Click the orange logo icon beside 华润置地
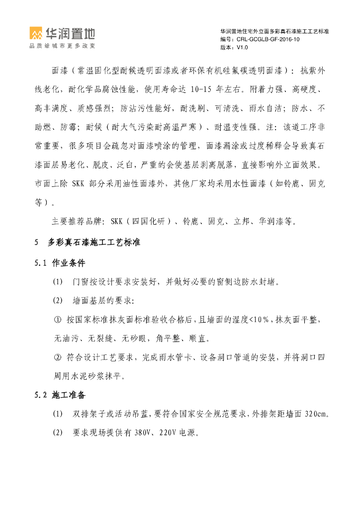36,34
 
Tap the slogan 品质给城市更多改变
62,46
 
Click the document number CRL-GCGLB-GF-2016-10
268,39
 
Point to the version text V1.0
242,47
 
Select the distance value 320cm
316,414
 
